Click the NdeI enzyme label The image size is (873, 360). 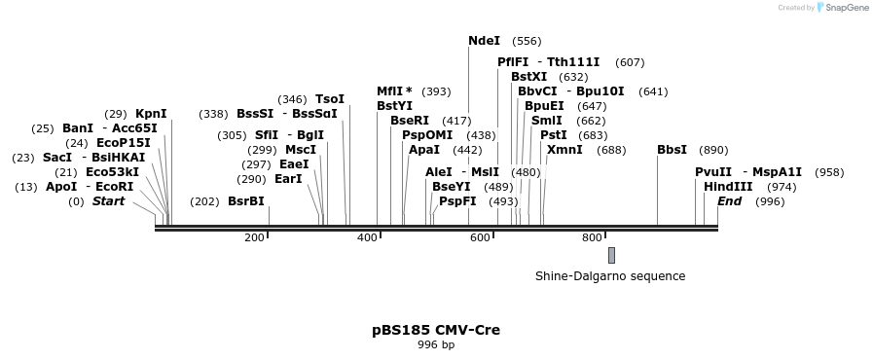point(484,41)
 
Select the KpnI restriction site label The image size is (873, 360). point(151,114)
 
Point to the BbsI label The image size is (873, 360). point(672,150)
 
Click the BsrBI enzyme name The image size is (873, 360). point(245,201)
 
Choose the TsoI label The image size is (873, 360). point(330,99)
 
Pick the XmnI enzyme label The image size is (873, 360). point(564,150)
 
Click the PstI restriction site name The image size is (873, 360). point(553,135)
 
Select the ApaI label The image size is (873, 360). point(424,150)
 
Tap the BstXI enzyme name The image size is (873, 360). point(529,77)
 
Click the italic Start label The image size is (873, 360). point(108,201)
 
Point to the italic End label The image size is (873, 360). point(730,201)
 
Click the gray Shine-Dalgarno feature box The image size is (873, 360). point(611,255)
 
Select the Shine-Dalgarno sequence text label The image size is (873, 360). point(610,276)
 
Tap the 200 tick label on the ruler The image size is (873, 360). point(255,238)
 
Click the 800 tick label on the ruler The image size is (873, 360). point(592,238)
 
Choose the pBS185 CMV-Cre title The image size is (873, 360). point(436,330)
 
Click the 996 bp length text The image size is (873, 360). point(436,345)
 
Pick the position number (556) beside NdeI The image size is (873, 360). point(527,41)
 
